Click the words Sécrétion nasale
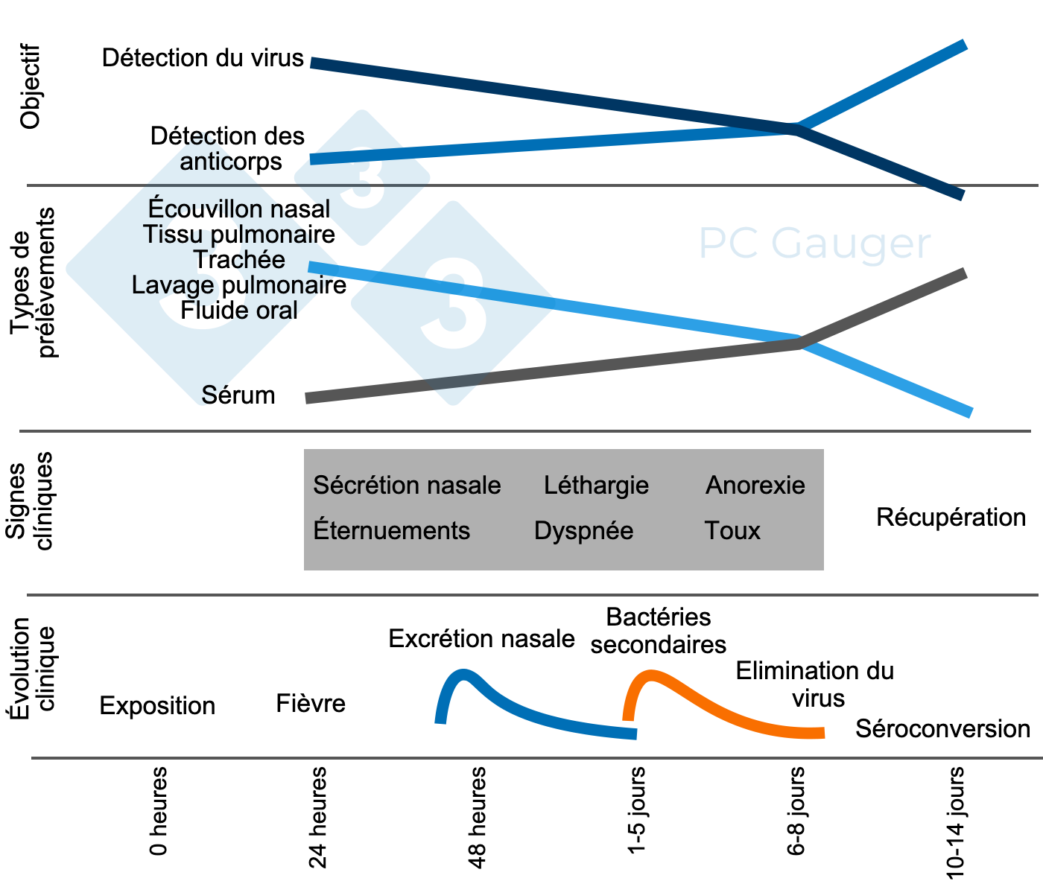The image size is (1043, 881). coord(407,486)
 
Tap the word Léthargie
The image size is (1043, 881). coord(596,486)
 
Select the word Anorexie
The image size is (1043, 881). coord(755,486)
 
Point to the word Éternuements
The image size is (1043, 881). coord(392,531)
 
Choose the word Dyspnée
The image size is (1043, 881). coord(583,531)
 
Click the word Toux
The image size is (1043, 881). coord(732,531)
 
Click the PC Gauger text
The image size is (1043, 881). coord(814,244)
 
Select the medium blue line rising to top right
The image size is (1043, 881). coord(596,141)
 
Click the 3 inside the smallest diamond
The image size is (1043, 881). coord(362,179)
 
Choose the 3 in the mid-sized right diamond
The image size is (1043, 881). coord(453,304)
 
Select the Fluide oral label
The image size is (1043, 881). coord(246,310)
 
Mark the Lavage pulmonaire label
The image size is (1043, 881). coord(231,285)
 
